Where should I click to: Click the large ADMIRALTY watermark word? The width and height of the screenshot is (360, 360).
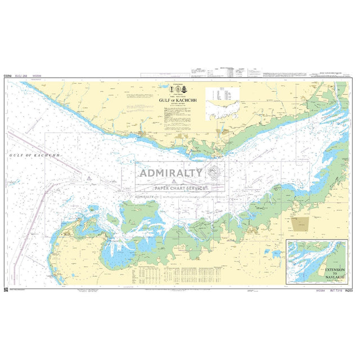click(x=171, y=172)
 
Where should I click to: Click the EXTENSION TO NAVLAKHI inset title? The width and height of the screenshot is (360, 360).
click(x=335, y=274)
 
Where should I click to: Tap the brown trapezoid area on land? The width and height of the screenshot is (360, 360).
click(x=300, y=223)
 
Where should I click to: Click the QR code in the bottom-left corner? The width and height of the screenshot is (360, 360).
click(x=6, y=289)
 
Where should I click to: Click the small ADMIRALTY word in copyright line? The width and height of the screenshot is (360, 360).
click(x=145, y=196)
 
